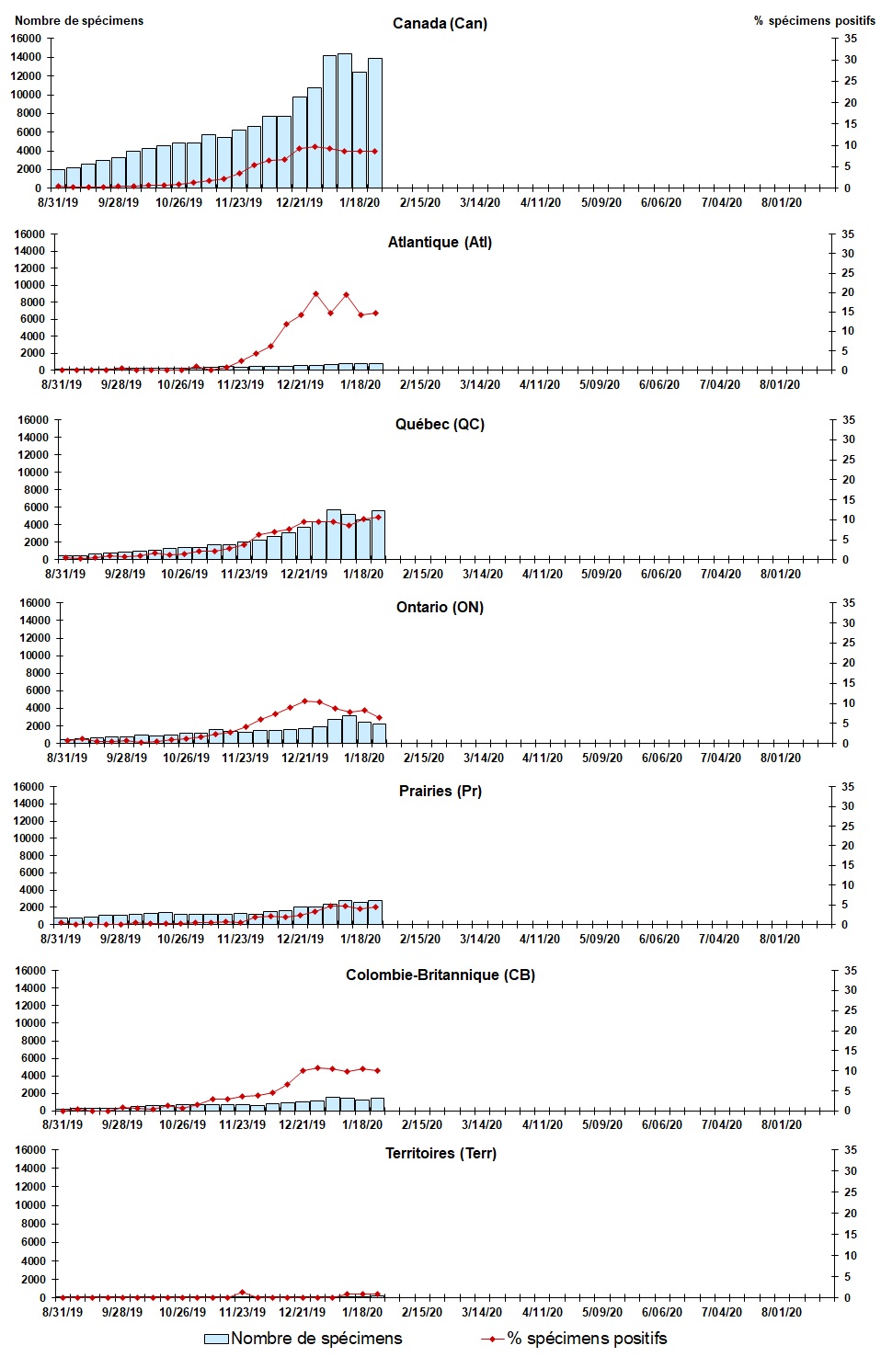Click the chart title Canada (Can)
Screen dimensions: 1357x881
[x=440, y=23]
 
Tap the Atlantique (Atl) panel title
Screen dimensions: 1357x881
[x=440, y=242]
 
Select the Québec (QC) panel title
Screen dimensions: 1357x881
[x=440, y=424]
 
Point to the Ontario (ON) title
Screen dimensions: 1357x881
[x=440, y=607]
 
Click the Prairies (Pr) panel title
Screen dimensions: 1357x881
[x=440, y=791]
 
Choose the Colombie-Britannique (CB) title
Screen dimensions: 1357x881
[x=440, y=975]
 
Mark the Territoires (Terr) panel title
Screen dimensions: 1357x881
[x=440, y=1153]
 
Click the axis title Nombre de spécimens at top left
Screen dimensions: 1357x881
[x=79, y=20]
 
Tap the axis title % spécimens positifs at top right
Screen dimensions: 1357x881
[x=814, y=20]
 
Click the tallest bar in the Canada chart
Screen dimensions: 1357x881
[x=345, y=120]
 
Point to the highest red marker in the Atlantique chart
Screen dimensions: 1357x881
[x=315, y=294]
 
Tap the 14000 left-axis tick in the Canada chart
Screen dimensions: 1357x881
[x=26, y=57]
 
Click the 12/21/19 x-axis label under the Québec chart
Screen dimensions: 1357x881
[x=303, y=574]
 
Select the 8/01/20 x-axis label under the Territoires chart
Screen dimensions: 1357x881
[x=781, y=1312]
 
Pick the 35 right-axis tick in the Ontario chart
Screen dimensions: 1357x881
[x=849, y=603]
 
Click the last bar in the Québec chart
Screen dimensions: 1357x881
[x=378, y=534]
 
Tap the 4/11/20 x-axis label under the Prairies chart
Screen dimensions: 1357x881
[x=540, y=939]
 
